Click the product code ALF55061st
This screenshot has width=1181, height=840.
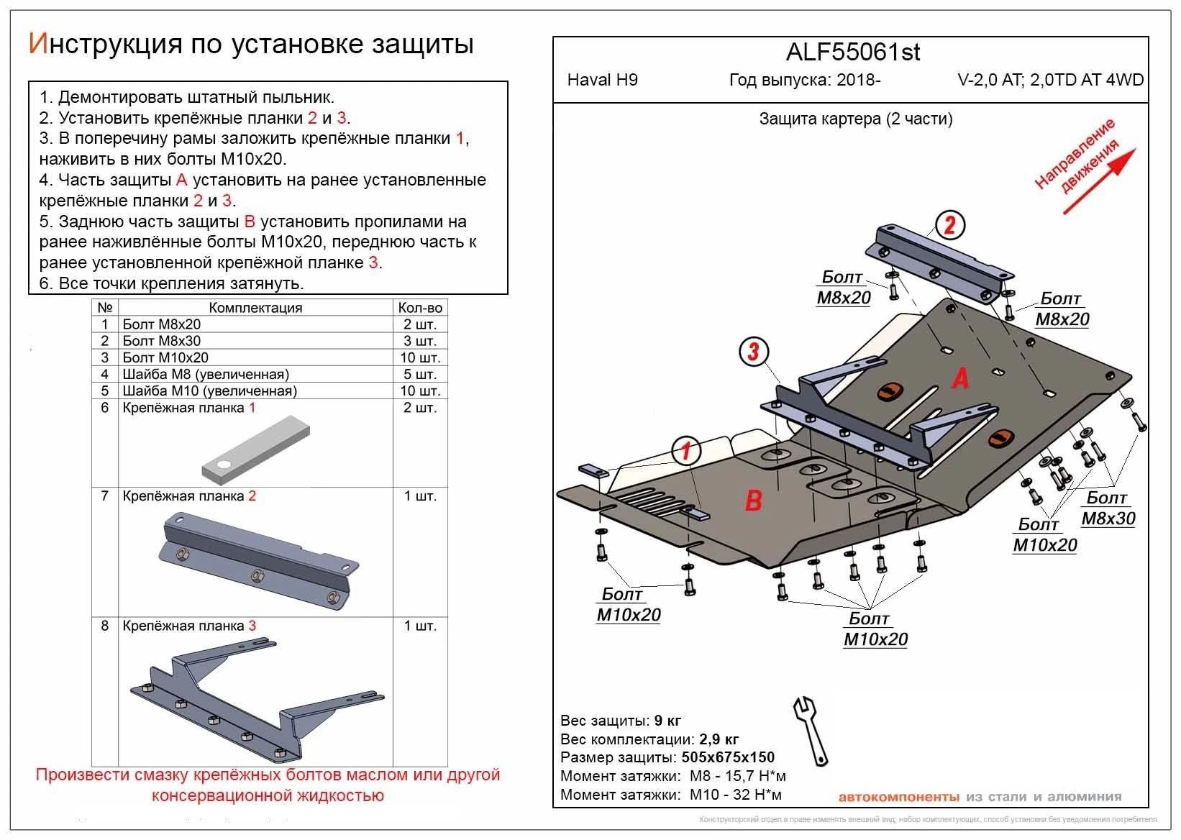click(x=852, y=52)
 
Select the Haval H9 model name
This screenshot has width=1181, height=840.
click(x=602, y=80)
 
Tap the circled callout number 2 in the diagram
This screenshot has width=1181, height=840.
click(x=949, y=226)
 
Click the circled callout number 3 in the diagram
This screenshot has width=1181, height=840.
click(x=753, y=352)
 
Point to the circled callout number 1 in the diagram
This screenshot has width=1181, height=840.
click(x=686, y=451)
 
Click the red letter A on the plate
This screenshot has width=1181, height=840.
click(x=959, y=378)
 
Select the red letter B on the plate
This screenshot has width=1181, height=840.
click(x=753, y=500)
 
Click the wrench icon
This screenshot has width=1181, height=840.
click(x=811, y=729)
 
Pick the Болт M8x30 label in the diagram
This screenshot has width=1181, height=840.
click(x=1108, y=508)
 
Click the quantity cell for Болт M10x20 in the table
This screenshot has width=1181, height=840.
click(x=420, y=357)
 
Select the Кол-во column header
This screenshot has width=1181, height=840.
click(x=420, y=308)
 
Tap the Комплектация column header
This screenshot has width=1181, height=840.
click(x=255, y=308)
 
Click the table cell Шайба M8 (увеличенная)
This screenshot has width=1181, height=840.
click(x=206, y=374)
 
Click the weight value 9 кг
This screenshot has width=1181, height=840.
click(x=667, y=721)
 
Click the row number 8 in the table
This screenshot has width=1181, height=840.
click(x=105, y=626)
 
